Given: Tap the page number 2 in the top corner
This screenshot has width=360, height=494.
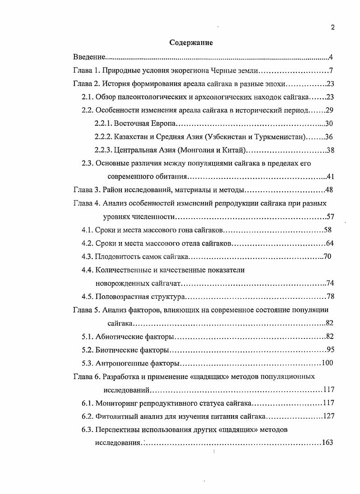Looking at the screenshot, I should [332, 27].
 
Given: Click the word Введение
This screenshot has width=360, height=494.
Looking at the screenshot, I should [89, 57].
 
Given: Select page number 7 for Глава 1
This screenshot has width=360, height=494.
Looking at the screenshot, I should [331, 71].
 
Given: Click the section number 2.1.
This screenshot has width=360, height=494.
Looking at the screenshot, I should [87, 97].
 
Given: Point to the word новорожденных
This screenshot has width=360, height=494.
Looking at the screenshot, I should [118, 284].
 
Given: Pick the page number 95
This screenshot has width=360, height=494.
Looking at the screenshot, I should [330, 350].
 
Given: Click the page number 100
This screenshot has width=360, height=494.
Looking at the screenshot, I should [327, 363].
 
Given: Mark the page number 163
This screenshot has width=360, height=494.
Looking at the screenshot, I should [327, 443].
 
